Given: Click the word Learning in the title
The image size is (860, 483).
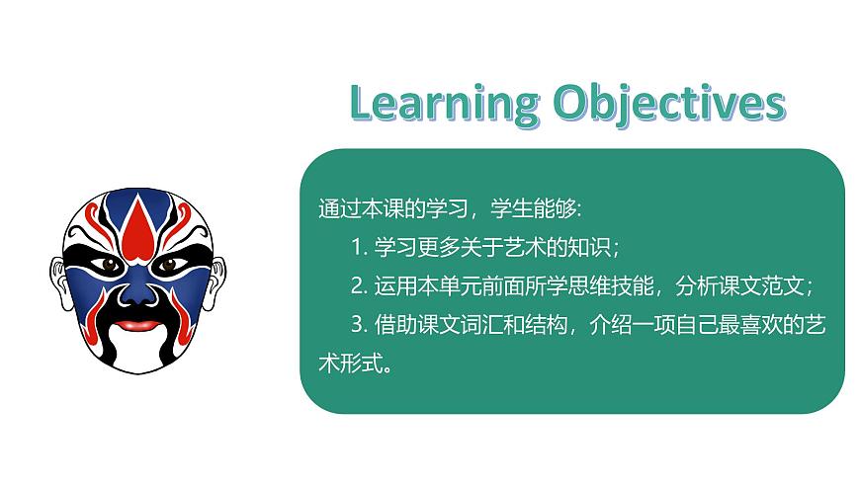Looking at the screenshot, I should [x=443, y=104].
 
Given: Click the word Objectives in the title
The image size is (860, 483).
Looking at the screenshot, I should [x=669, y=104].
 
